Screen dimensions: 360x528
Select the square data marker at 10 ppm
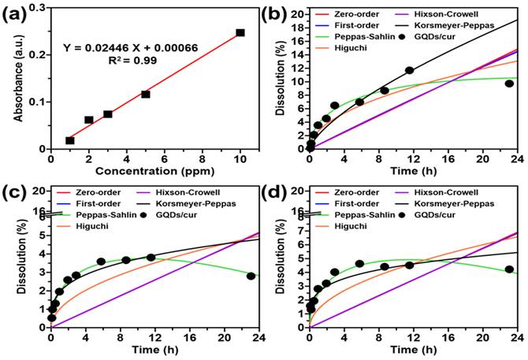tap(240, 33)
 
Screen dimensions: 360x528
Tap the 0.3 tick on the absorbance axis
tap(35, 8)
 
